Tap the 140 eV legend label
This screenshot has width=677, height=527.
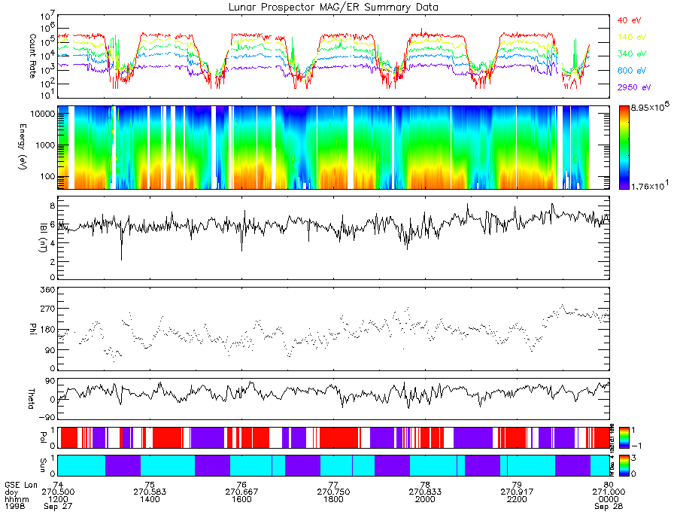(630, 37)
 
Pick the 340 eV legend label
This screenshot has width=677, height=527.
(630, 53)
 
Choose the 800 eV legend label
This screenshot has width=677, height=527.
(630, 71)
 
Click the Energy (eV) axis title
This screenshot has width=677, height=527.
(33, 147)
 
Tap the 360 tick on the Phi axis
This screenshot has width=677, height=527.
(47, 290)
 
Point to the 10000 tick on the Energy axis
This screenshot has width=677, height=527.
(41, 112)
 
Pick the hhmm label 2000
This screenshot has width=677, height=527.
(425, 499)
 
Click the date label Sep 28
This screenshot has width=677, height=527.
(608, 507)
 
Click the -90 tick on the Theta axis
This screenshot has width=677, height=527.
(45, 417)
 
